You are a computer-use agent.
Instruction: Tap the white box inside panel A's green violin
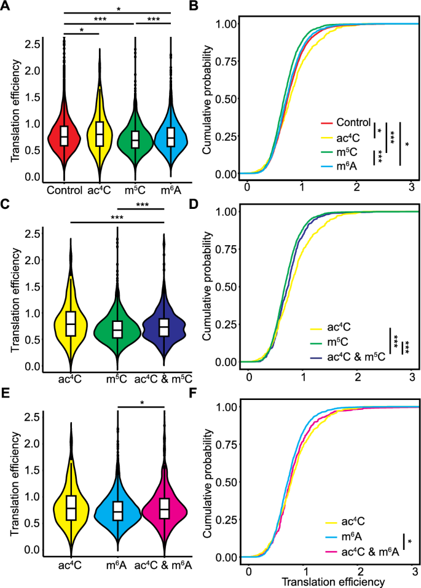(135, 139)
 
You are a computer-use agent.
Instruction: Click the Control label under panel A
(64, 189)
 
